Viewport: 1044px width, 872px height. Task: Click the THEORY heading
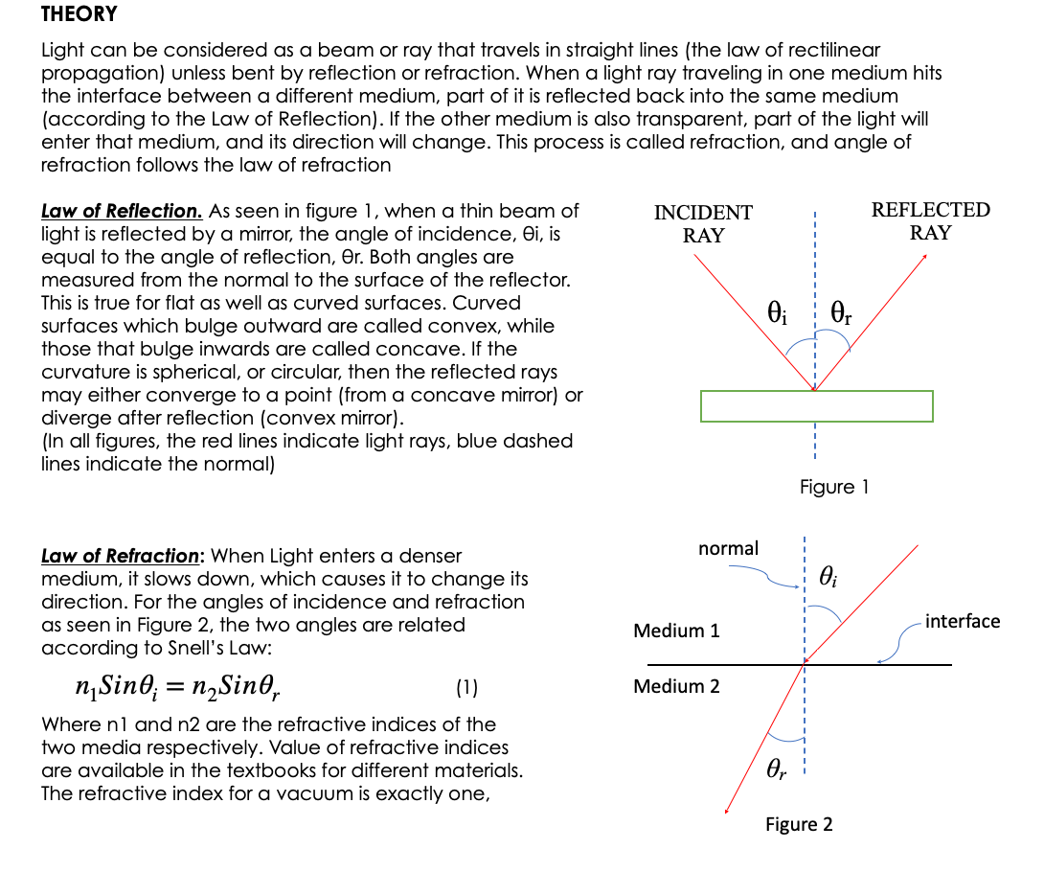click(79, 14)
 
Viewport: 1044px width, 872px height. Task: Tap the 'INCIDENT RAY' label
click(703, 223)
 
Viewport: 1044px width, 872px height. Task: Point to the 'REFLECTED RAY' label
click(930, 221)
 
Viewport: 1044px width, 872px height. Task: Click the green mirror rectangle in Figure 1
click(816, 406)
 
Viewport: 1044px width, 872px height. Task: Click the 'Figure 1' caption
click(833, 487)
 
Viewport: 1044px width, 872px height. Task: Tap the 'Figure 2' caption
click(799, 824)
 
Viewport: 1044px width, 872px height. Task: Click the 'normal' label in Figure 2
click(728, 548)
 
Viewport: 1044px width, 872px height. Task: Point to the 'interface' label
click(963, 621)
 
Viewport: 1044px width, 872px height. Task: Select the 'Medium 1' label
click(676, 631)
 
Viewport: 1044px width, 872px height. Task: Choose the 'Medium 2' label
click(676, 686)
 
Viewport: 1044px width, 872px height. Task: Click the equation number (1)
click(466, 687)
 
